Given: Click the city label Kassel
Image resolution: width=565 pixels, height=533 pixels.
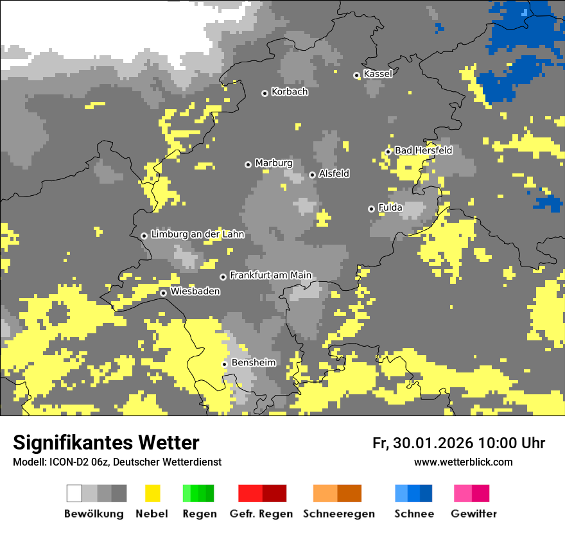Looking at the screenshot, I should [x=378, y=74].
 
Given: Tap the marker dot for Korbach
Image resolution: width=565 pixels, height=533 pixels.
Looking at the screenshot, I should [x=265, y=93].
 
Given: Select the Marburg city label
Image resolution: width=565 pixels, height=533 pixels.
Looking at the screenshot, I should [x=274, y=163].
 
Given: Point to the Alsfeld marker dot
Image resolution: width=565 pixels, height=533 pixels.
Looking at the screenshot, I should [x=312, y=175].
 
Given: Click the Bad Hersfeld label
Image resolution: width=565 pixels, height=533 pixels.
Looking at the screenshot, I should [x=423, y=150].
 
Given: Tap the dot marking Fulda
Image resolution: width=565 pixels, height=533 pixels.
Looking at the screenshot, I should [x=371, y=209].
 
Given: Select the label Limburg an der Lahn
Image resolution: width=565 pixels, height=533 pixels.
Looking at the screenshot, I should [x=197, y=234].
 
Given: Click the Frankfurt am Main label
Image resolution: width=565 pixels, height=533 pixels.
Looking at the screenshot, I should [x=270, y=275].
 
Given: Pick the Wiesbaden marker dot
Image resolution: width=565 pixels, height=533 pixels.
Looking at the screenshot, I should [x=164, y=293].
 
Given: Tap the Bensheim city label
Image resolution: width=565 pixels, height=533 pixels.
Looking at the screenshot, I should [x=253, y=363].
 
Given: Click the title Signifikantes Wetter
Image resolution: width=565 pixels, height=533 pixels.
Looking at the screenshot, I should [x=106, y=442].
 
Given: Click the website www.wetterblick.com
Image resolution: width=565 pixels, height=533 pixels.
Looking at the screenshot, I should [x=463, y=462].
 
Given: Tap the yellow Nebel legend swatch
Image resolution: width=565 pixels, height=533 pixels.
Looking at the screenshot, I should [x=153, y=493].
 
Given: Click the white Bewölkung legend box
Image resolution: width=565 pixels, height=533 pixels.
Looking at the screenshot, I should [x=74, y=493].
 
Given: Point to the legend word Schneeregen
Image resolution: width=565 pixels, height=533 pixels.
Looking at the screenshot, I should [x=338, y=514].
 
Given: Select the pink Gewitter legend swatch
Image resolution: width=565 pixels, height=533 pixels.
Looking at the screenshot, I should [x=463, y=493].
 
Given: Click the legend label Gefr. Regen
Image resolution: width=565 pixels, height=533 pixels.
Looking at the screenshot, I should [x=261, y=514].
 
